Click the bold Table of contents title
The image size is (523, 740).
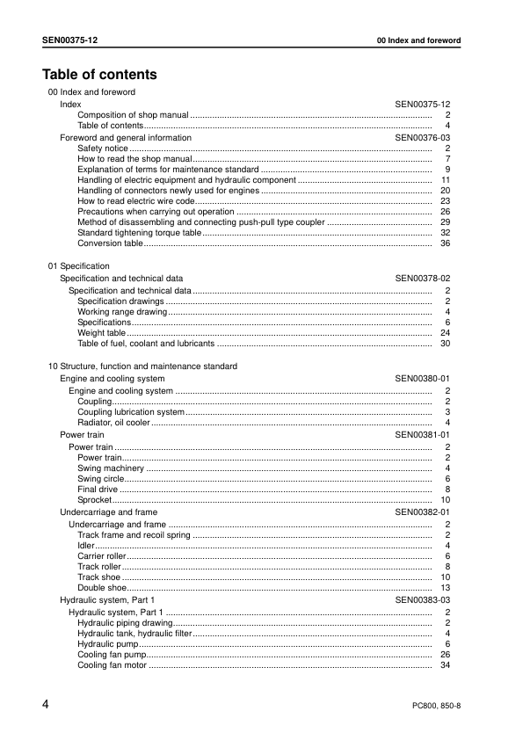point(99,75)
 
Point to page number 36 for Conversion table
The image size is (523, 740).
point(446,243)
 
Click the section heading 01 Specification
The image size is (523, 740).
point(78,265)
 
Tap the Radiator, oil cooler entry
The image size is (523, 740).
point(113,423)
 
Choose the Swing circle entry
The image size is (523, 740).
point(99,479)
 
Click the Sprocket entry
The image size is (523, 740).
point(93,500)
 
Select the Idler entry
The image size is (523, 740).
point(86,546)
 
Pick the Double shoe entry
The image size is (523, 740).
point(99,588)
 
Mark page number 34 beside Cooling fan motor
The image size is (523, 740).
point(446,665)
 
